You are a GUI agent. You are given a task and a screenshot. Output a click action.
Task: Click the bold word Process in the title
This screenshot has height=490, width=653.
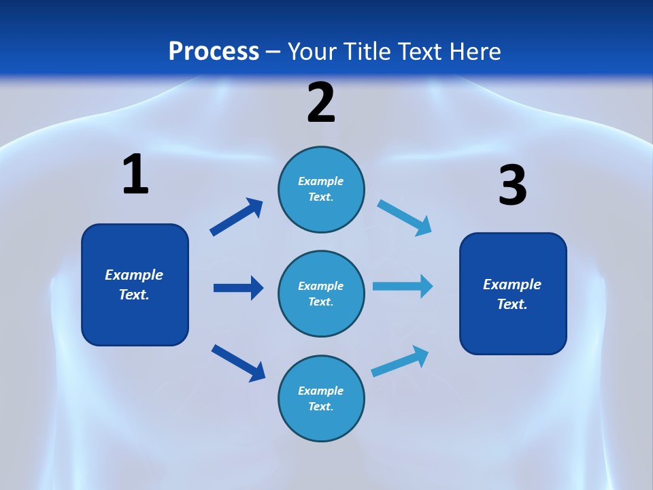tap(214, 52)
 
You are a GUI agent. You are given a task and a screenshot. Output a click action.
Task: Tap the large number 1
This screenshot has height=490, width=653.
tap(135, 174)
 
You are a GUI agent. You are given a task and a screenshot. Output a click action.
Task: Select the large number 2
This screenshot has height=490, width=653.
tap(321, 103)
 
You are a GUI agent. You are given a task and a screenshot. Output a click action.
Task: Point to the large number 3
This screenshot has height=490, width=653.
tap(512, 186)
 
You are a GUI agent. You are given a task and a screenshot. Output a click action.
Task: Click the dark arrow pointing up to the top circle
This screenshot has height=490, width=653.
tap(237, 217)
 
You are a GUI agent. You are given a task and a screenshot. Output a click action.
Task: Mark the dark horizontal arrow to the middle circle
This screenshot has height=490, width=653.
tap(238, 288)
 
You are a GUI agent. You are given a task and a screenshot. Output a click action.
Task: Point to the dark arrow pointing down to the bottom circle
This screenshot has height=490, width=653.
tap(238, 362)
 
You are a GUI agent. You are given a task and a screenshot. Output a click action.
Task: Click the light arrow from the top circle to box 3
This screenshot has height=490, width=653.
tap(404, 217)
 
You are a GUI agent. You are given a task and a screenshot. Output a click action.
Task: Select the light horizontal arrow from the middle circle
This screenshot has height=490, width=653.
tap(403, 287)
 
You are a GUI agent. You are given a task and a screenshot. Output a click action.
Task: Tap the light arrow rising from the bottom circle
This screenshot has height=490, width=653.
tap(401, 361)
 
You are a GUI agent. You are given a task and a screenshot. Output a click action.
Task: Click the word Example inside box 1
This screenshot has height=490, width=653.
tap(134, 275)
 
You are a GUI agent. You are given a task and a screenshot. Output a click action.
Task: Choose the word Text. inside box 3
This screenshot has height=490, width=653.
tap(512, 304)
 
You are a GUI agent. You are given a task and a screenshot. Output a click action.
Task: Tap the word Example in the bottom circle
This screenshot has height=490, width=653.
tap(321, 391)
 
